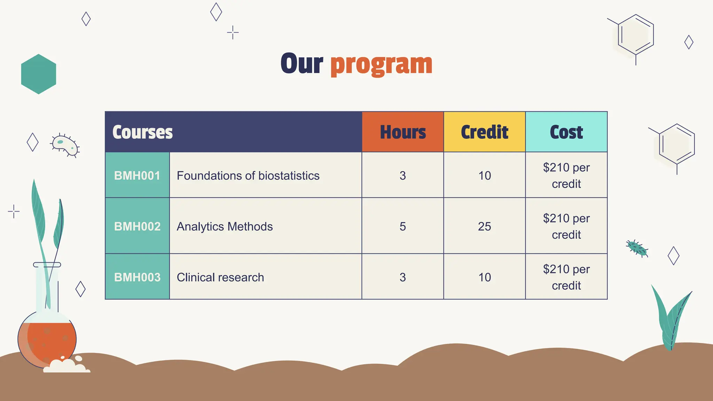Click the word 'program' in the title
click(381, 64)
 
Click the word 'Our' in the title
click(302, 64)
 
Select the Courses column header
click(143, 132)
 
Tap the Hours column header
click(403, 132)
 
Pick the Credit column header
click(484, 132)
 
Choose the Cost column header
click(566, 132)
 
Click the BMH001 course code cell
click(137, 175)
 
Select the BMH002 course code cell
click(137, 226)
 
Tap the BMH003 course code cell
click(137, 277)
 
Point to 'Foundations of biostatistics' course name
click(248, 175)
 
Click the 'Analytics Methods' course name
click(225, 226)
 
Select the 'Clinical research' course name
click(220, 277)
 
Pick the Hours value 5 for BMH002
click(403, 226)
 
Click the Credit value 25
click(484, 226)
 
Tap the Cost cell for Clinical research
click(566, 277)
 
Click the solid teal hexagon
click(39, 74)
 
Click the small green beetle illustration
click(637, 249)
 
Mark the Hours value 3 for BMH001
click(403, 175)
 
